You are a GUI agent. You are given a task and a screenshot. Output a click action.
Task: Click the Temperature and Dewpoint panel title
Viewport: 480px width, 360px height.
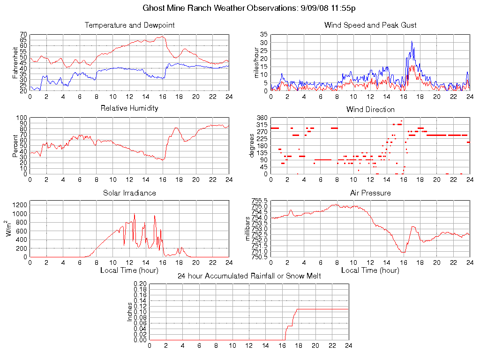tap(129, 25)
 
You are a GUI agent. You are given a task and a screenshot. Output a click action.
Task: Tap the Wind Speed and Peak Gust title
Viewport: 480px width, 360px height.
tap(370, 25)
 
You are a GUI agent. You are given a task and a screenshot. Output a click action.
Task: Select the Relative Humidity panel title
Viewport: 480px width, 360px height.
tap(129, 108)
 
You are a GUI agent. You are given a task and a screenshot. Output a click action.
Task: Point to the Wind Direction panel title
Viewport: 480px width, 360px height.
tap(370, 110)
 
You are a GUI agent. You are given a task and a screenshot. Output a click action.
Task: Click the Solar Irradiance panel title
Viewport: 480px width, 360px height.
tap(129, 193)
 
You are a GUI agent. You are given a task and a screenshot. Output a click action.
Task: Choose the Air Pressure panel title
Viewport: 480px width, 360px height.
tap(370, 193)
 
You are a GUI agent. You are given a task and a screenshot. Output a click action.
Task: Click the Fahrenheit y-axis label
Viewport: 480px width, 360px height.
tap(15, 62)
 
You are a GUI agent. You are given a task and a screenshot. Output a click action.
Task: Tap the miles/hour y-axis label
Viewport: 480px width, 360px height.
tap(256, 62)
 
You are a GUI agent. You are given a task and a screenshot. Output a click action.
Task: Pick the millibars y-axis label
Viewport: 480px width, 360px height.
tap(248, 228)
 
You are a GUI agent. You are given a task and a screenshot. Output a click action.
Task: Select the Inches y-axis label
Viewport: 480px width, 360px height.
tap(130, 312)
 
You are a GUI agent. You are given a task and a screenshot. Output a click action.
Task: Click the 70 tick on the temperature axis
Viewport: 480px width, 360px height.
tap(23, 35)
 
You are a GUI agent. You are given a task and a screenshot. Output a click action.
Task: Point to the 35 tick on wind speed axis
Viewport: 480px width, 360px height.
tap(263, 35)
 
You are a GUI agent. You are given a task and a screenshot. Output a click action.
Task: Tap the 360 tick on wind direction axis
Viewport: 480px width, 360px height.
tap(262, 118)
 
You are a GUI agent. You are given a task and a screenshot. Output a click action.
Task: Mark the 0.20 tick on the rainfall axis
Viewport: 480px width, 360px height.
tap(140, 284)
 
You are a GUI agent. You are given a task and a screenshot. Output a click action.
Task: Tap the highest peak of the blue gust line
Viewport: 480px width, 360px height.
tap(412, 41)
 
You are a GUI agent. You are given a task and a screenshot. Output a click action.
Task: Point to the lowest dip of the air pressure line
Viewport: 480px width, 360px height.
tap(403, 253)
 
